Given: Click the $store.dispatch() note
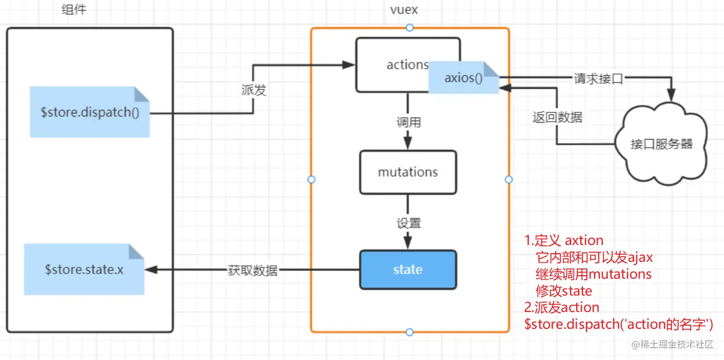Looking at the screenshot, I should point(90,112).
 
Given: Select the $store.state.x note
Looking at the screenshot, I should point(84,269).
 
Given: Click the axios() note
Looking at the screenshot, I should point(463,78).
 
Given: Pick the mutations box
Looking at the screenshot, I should point(408,172).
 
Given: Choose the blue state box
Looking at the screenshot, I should point(408,269).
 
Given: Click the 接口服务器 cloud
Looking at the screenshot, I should point(662,144).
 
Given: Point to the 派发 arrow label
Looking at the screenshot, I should point(254,91).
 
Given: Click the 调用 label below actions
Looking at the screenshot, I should point(408,123).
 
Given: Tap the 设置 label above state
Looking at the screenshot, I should point(408,223).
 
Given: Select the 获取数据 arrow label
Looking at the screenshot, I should point(253,271).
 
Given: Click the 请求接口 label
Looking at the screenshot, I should point(598,79).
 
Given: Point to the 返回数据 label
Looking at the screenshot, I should point(557,117).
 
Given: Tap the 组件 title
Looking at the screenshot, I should point(74,9).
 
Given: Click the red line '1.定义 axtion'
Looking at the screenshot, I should point(564,240).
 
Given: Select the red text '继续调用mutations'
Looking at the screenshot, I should point(594,274).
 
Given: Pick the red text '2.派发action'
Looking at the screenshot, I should point(562,307).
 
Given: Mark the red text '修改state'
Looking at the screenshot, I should point(563,291).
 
